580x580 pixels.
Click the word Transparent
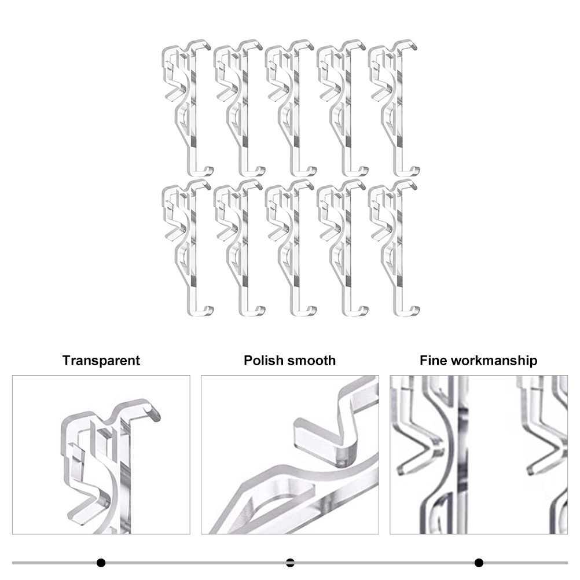[x=101, y=360]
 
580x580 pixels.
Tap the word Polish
[x=264, y=360]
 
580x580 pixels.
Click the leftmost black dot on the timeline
[x=101, y=563]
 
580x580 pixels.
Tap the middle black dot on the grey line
[x=290, y=563]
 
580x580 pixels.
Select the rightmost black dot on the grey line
[x=479, y=563]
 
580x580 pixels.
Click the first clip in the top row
[x=193, y=111]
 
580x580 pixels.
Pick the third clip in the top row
[x=296, y=111]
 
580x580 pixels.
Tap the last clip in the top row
[x=399, y=111]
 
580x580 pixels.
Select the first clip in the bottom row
[x=193, y=252]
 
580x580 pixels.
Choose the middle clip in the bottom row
[x=296, y=252]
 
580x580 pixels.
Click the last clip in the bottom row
[x=399, y=252]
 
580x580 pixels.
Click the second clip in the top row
[x=244, y=111]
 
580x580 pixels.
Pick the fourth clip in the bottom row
[x=348, y=252]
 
